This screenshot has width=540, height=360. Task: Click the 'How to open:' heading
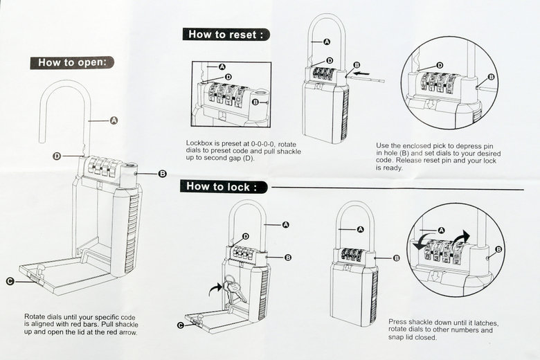pos(72,62)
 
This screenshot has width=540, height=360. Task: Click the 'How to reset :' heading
pos(226,34)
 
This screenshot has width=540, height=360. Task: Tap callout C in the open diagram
pos(10,280)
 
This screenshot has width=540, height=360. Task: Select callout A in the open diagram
pos(114,120)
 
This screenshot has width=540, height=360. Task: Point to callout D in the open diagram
pos(57,156)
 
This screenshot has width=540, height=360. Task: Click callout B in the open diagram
pos(162,173)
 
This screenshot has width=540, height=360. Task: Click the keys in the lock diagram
pos(233,289)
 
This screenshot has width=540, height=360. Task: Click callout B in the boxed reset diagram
pos(255,102)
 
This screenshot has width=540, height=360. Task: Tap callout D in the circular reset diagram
pos(440,66)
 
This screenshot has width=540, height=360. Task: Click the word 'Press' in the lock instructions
pos(400,323)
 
